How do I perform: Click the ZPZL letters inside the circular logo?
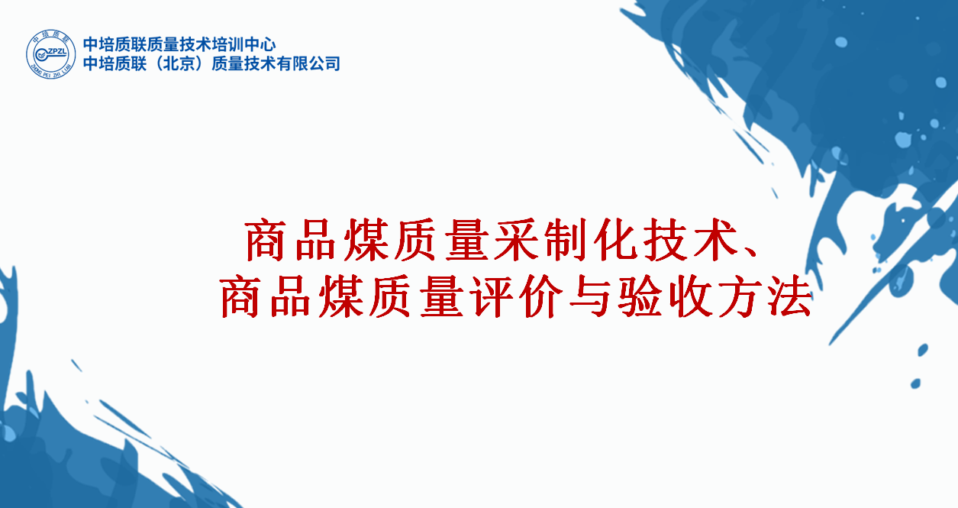point(56,52)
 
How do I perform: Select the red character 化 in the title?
point(616,240)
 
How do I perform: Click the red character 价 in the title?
point(542,296)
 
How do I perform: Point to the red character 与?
point(591,296)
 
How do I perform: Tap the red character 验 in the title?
point(640,296)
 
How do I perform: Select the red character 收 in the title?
point(690,296)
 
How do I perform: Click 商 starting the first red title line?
point(266,240)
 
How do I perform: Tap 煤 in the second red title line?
point(342,296)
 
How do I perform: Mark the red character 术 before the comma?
point(715,240)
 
